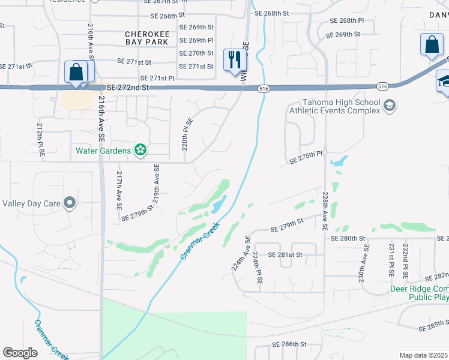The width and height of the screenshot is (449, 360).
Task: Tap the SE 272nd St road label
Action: tap(124, 87)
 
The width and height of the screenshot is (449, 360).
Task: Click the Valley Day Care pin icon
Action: tap(70, 203)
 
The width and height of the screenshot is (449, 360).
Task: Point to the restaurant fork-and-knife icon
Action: tap(234, 59)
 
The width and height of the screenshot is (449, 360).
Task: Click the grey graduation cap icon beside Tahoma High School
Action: tap(390, 106)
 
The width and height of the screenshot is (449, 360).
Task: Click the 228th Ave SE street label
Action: tap(324, 211)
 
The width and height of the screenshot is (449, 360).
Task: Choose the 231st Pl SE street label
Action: tap(391, 259)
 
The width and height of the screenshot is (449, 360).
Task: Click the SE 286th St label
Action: tap(290, 344)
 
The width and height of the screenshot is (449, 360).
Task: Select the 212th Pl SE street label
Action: tap(40, 141)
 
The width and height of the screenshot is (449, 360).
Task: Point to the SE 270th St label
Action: tap(196, 53)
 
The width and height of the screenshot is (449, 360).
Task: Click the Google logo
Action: tap(20, 352)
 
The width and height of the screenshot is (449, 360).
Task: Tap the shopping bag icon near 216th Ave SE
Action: tap(76, 72)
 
